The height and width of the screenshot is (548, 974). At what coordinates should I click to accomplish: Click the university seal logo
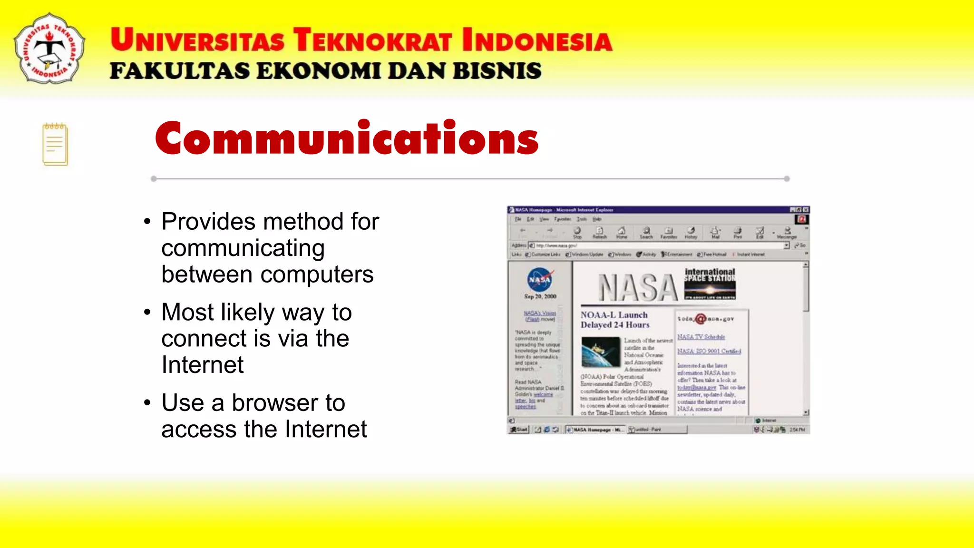click(x=49, y=49)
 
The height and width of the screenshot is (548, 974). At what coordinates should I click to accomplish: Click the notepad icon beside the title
click(x=55, y=144)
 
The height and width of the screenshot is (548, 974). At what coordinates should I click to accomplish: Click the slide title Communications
click(x=347, y=139)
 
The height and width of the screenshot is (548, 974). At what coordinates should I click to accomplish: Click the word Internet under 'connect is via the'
click(x=203, y=365)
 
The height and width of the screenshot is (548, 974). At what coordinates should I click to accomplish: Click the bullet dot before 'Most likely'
click(x=147, y=313)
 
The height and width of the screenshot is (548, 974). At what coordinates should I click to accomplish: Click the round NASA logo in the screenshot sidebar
click(x=540, y=279)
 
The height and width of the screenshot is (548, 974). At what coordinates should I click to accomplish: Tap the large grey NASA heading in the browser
click(x=637, y=288)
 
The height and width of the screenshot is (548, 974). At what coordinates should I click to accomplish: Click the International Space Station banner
click(x=710, y=284)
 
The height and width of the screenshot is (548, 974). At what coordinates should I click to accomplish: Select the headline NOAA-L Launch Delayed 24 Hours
click(x=614, y=320)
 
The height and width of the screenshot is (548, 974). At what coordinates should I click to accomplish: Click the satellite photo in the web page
click(x=601, y=352)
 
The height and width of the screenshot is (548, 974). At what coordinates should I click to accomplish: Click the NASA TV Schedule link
click(x=701, y=337)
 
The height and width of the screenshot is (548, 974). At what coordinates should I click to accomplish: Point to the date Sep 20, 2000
click(x=540, y=296)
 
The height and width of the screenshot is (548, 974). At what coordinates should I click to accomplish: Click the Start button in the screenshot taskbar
click(x=519, y=430)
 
